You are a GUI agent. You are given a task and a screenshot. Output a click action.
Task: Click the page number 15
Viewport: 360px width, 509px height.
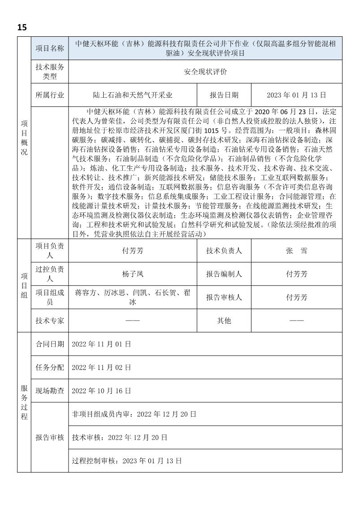[22, 27]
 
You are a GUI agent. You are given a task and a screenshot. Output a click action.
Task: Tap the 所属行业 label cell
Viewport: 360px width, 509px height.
[50, 95]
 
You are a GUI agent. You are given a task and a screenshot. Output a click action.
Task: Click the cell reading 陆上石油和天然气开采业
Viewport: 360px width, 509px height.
[133, 95]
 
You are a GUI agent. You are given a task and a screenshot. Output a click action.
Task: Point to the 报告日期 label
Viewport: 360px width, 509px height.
[224, 95]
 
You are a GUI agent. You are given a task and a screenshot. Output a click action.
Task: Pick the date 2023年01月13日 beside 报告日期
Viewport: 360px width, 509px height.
[296, 95]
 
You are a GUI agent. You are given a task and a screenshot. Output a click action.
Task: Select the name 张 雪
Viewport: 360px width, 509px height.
[296, 251]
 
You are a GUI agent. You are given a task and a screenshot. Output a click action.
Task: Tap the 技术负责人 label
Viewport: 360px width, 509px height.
[224, 251]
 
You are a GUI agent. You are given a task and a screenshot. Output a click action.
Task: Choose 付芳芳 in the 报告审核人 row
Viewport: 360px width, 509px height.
[296, 297]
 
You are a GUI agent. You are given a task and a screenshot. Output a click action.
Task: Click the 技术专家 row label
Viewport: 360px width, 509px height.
[50, 321]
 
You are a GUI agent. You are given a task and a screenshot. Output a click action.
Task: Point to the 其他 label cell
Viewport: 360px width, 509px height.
[224, 321]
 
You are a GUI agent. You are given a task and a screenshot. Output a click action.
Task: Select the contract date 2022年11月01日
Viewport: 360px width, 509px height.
[101, 344]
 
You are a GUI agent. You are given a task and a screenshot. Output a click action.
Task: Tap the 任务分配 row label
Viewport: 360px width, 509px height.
[50, 367]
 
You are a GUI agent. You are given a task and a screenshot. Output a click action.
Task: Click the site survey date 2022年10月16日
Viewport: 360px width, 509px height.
[101, 391]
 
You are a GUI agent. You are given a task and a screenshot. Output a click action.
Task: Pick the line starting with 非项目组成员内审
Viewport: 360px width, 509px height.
[134, 414]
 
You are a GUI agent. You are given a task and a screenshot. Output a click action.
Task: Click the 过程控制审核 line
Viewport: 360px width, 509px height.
[127, 461]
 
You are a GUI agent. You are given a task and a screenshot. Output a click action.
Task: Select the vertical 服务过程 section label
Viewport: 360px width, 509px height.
[24, 402]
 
